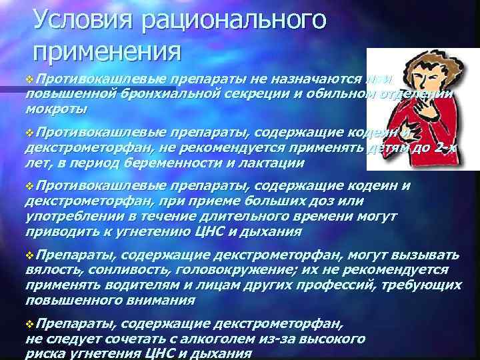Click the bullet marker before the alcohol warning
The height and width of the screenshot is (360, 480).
click(x=29, y=325)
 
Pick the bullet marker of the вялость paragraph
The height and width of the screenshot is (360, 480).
click(x=29, y=254)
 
